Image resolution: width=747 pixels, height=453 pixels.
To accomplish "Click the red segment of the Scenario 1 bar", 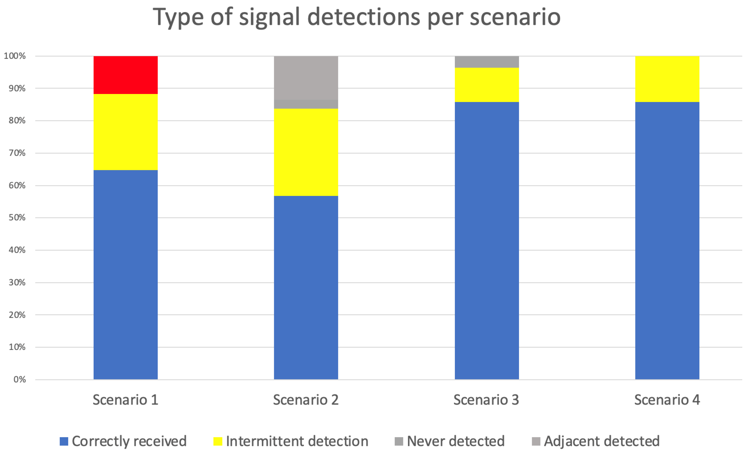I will [125, 75].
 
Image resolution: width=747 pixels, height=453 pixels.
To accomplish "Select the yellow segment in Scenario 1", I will [125, 132].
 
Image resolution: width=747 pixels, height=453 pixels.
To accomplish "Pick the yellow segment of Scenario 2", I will [306, 152].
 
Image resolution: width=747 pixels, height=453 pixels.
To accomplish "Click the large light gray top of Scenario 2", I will [306, 78].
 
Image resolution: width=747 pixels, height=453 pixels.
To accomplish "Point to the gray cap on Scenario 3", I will [487, 62].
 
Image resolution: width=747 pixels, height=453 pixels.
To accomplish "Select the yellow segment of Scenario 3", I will [487, 85].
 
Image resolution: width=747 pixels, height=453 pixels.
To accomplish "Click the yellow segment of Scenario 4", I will [667, 79].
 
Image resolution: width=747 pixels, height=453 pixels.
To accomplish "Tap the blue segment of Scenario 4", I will [667, 240].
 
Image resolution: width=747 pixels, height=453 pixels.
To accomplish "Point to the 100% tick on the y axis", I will [14, 56].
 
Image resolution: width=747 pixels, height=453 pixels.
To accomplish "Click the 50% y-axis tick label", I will [17, 217].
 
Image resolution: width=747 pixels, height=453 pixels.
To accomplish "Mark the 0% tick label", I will [19, 379].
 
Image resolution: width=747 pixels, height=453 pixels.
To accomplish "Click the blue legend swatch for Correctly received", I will [64, 441].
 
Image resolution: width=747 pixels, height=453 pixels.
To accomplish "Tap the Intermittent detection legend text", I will [297, 441].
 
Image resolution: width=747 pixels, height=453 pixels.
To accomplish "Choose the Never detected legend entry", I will [455, 441].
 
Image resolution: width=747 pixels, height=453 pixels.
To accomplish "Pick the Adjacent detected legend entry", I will [601, 441].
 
